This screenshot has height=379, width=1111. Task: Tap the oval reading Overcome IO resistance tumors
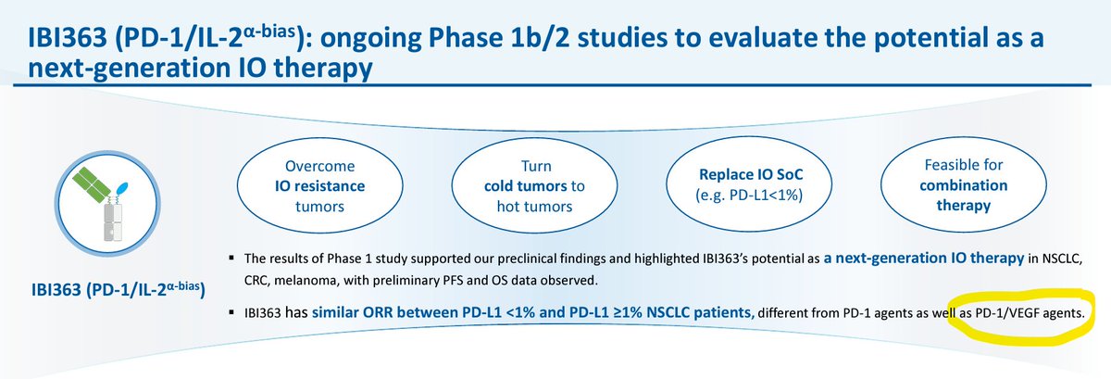click(x=318, y=185)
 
